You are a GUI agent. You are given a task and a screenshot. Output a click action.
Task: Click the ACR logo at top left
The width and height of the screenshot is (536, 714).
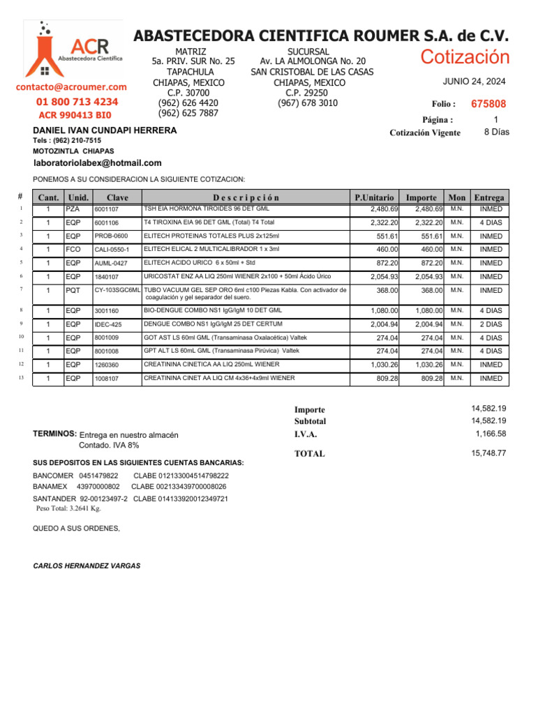tap(73, 50)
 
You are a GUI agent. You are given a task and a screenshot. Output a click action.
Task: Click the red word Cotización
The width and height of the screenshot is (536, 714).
tap(465, 58)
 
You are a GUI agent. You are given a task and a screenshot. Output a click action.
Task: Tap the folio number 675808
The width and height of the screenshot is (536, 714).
tap(489, 104)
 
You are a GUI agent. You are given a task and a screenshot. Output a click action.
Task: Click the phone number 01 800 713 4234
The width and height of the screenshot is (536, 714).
tap(77, 102)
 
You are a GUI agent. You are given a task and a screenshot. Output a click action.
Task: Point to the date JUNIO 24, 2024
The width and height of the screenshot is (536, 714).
tap(475, 82)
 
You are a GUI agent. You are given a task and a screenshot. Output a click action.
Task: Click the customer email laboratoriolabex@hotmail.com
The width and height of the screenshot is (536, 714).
tap(97, 162)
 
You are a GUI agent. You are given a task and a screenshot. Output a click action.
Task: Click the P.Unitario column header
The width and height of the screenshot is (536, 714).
tap(374, 198)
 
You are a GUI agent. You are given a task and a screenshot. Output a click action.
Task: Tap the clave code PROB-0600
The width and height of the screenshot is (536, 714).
tap(112, 236)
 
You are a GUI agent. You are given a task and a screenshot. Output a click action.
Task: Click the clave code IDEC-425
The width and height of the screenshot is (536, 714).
tap(108, 325)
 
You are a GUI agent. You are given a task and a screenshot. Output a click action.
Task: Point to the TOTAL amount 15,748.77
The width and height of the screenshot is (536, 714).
tap(489, 453)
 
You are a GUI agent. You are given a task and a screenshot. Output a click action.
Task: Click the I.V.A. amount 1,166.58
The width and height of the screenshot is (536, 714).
tap(491, 434)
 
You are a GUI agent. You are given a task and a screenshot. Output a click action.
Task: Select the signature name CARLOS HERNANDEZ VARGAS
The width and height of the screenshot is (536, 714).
tap(87, 566)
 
